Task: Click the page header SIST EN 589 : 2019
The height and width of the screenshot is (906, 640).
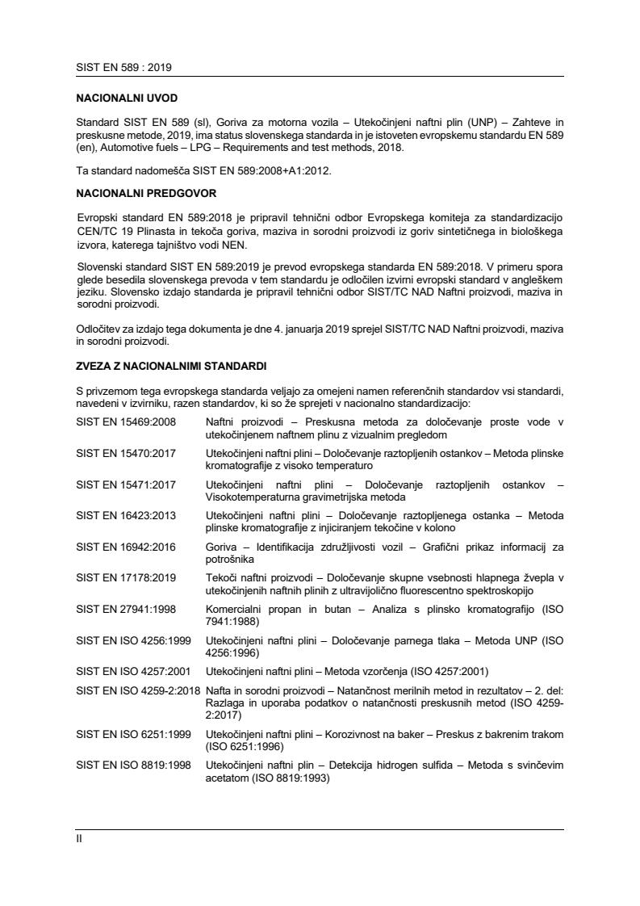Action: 123,67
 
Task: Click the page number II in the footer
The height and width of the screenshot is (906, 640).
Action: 79,838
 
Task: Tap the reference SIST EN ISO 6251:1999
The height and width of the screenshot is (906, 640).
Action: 132,736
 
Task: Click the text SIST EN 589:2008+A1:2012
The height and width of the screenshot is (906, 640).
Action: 214,171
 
